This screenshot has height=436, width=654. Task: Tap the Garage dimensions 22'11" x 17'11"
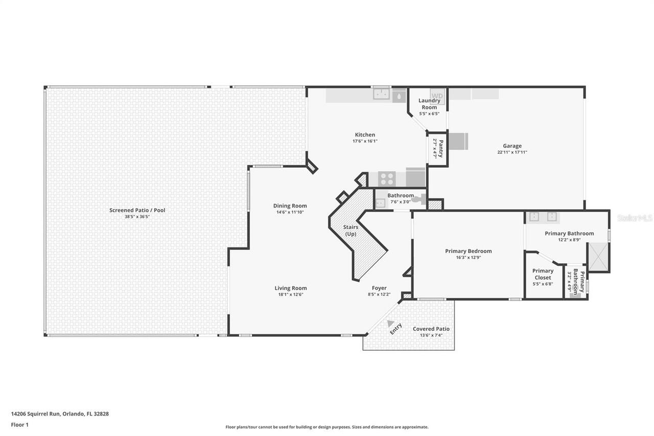(x=512, y=152)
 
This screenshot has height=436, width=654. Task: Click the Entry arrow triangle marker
(x=390, y=324)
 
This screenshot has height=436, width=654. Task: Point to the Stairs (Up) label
(x=351, y=231)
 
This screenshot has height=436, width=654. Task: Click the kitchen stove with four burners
(x=387, y=179)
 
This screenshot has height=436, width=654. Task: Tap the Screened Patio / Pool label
(x=137, y=210)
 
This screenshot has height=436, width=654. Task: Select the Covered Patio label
(x=431, y=329)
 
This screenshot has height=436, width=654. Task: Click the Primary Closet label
(x=543, y=274)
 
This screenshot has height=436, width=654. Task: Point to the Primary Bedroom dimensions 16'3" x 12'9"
(x=468, y=258)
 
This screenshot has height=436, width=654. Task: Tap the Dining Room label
(x=290, y=206)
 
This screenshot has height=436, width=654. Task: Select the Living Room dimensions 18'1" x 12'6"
(x=291, y=294)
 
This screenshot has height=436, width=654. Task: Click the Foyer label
(x=379, y=288)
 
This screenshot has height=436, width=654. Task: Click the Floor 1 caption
(x=19, y=425)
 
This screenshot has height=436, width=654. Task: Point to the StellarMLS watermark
(x=635, y=218)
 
